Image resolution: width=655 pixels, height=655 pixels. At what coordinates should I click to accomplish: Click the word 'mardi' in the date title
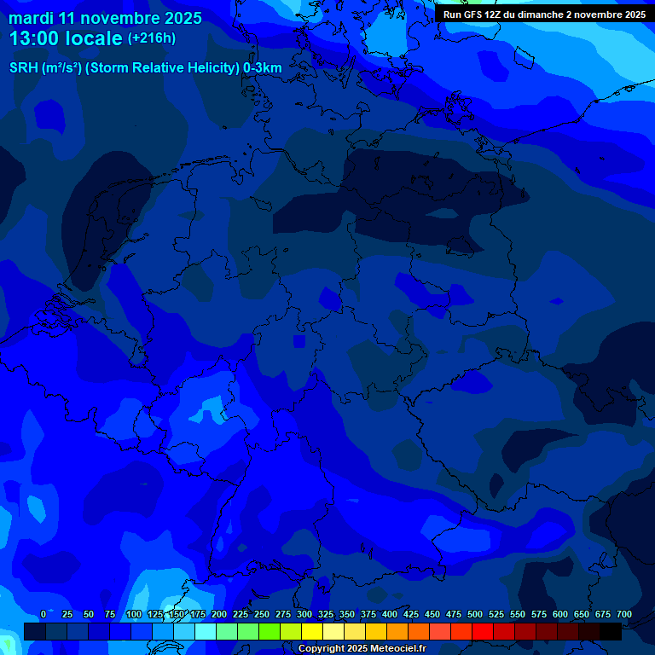tap(31, 18)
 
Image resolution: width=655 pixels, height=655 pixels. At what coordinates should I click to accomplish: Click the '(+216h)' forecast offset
tap(152, 38)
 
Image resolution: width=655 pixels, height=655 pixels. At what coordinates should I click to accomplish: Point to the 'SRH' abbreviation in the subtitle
tap(24, 67)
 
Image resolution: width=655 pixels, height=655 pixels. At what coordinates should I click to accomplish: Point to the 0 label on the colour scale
tap(43, 614)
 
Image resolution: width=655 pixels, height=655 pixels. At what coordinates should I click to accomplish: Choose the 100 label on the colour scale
tap(133, 614)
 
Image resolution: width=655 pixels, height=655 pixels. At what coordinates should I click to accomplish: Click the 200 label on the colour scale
tap(219, 614)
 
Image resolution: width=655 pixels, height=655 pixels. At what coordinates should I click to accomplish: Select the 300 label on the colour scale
tap(304, 614)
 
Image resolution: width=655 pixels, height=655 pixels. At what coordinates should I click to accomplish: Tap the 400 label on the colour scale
tap(390, 614)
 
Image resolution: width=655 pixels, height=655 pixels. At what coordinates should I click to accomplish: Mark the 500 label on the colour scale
tap(475, 614)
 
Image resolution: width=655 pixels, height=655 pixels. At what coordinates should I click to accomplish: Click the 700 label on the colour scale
tap(623, 614)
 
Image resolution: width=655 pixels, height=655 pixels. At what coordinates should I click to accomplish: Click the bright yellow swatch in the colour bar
tap(312, 631)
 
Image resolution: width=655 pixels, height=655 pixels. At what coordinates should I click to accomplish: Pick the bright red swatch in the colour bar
tap(483, 631)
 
